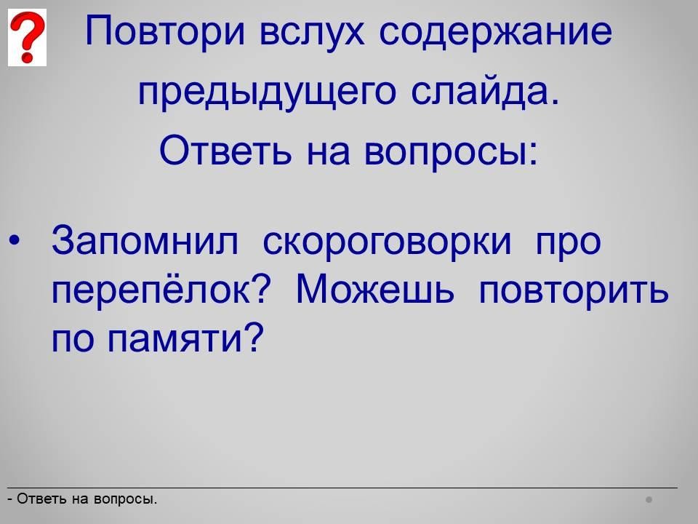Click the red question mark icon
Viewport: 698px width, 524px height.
27,37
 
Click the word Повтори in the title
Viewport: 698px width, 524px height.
165,31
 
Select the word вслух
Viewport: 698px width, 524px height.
312,31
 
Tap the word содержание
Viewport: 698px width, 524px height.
495,31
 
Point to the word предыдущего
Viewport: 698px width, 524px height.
267,92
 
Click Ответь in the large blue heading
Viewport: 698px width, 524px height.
225,150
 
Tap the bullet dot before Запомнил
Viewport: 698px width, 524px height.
15,241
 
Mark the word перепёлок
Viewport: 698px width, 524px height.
152,290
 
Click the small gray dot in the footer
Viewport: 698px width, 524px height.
649,499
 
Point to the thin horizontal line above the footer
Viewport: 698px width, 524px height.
342,488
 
